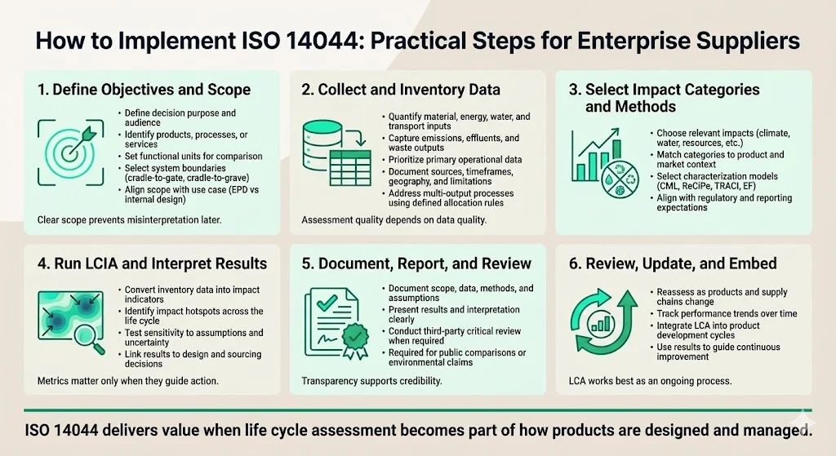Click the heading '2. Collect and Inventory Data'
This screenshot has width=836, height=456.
[401, 90]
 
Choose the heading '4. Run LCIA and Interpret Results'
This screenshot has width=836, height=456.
[153, 263]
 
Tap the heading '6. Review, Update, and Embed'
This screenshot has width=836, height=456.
[673, 263]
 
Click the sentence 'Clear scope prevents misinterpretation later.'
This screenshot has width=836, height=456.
[129, 219]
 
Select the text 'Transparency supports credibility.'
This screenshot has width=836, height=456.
[371, 381]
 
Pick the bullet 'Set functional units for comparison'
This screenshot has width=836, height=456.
[193, 156]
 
